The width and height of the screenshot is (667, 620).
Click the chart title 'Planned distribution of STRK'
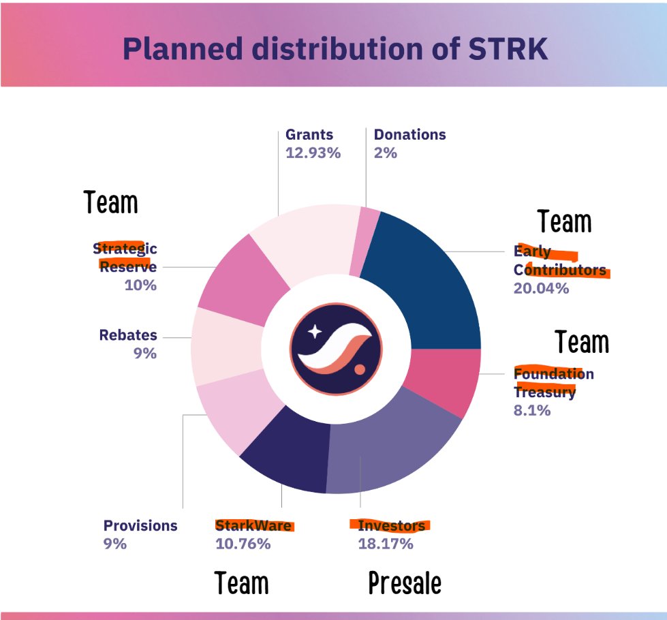click(335, 48)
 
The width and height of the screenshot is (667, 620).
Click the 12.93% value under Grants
click(313, 153)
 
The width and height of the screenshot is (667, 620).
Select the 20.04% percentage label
click(541, 288)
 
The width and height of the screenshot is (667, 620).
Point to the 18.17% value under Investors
click(386, 544)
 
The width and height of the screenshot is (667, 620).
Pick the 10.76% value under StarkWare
click(243, 544)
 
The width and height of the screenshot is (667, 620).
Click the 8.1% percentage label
click(531, 411)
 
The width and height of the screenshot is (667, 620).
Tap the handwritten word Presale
click(405, 584)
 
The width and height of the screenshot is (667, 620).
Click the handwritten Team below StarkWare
click(242, 584)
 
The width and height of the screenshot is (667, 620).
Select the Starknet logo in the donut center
click(337, 347)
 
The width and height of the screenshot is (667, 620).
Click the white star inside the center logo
click(315, 332)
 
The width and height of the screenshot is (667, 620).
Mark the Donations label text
click(409, 134)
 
